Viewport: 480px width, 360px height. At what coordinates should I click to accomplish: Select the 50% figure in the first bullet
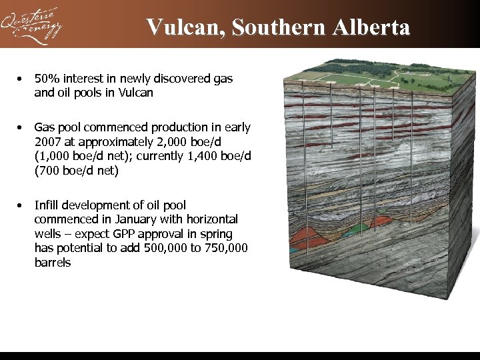[x=47, y=79]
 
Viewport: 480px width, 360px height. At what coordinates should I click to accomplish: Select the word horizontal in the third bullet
[x=211, y=219]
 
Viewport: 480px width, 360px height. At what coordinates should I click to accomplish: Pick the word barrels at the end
[x=53, y=263]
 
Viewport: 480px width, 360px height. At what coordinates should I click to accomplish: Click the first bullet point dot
[x=21, y=79]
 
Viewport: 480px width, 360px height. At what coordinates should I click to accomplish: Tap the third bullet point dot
[x=21, y=205]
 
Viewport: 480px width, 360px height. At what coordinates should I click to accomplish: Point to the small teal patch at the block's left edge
[x=294, y=251]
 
